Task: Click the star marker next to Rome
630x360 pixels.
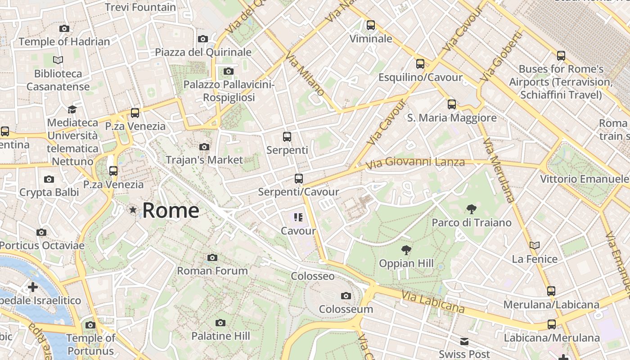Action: (133, 210)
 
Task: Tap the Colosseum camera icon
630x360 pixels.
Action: (346, 296)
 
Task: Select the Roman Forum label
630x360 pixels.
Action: (212, 271)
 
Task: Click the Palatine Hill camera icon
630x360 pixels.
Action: (220, 323)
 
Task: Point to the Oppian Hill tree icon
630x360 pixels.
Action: (406, 250)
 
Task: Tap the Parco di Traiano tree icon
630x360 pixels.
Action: (472, 209)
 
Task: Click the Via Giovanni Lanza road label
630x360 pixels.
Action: (414, 162)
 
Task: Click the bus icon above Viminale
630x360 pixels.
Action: (371, 25)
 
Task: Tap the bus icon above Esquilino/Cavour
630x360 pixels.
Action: (420, 64)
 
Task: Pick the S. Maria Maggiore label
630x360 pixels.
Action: (451, 118)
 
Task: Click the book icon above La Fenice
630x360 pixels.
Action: (535, 245)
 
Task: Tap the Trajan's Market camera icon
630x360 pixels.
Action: (204, 147)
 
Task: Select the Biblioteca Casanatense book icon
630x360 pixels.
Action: (58, 60)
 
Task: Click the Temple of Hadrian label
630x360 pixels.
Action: (64, 42)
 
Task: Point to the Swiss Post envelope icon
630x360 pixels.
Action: (464, 342)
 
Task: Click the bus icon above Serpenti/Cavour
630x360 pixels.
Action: (298, 179)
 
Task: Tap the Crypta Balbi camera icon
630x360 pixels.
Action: (49, 179)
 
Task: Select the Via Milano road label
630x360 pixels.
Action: (305, 74)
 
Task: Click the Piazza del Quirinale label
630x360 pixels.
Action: (203, 52)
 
